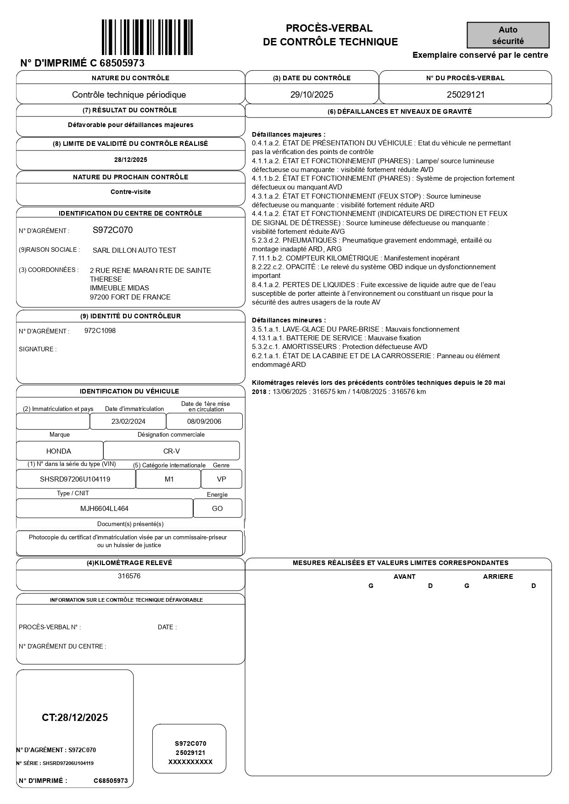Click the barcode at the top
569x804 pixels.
[x=147, y=37]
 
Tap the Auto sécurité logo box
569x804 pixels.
[x=508, y=35]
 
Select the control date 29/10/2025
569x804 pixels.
[x=312, y=95]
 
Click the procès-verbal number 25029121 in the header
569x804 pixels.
[x=465, y=95]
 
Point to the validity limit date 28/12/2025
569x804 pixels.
[x=130, y=160]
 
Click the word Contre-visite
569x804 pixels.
[x=130, y=192]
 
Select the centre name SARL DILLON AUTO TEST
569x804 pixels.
[x=134, y=250]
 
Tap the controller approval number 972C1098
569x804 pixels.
[x=100, y=331]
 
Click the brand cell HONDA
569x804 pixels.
[x=59, y=451]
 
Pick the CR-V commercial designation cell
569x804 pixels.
[x=171, y=451]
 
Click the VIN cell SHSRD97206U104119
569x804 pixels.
[x=75, y=479]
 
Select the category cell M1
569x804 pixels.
[x=169, y=479]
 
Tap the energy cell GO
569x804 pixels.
[x=217, y=509]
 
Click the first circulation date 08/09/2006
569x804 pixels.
[x=204, y=421]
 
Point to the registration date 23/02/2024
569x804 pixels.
[x=128, y=421]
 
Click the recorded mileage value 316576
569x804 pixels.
[x=129, y=576]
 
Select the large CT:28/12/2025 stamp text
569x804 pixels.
[x=75, y=718]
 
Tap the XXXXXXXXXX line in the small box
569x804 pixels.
[x=190, y=762]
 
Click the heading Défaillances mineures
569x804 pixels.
[x=289, y=320]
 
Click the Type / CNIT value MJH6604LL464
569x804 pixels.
[x=104, y=509]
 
